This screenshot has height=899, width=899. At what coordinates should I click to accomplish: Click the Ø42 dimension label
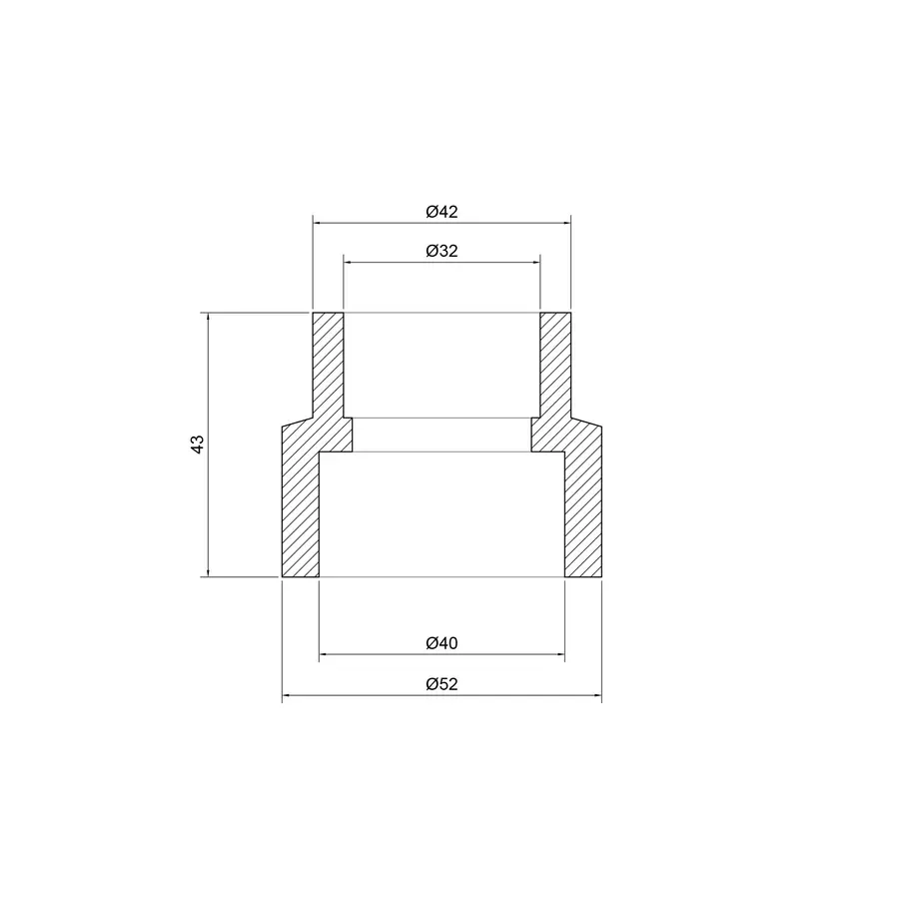pos(441,212)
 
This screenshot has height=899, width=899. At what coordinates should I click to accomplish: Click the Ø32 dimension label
pos(441,252)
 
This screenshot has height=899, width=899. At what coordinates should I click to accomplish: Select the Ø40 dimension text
pos(441,644)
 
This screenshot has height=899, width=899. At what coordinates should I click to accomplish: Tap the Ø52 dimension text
pos(441,684)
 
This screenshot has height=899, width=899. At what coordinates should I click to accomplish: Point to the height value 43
pos(198,445)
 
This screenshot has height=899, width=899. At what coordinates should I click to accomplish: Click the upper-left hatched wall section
pos(328,365)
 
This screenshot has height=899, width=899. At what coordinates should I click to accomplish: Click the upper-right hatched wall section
pos(554,365)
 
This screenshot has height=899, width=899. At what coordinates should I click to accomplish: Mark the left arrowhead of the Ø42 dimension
pos(317,223)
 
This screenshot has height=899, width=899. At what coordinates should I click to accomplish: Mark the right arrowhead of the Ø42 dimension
pos(565,223)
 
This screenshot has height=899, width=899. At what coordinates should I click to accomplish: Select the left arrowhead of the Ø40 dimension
pos(323,655)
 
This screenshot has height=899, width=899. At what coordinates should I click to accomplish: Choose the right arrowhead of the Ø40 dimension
pos(560,655)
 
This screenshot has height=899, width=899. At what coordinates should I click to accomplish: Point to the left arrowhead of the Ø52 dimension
pos(287,696)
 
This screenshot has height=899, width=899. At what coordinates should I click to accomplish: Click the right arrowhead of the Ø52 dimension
pos(598,696)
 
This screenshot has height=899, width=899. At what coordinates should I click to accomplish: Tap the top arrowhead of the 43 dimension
pos(208,318)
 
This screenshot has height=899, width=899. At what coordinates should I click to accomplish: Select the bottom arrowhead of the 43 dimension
pos(208,572)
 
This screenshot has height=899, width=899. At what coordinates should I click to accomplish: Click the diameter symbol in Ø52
pos(431,684)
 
